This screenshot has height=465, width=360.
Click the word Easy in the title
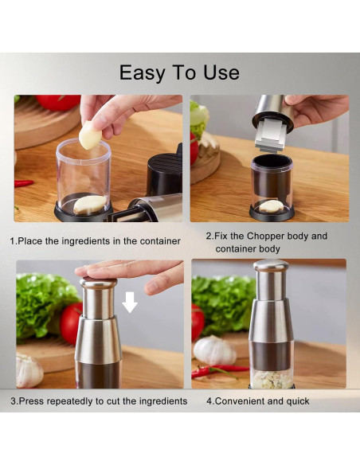pos(142,73)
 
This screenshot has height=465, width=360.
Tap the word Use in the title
pos(221,72)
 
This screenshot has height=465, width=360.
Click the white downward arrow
pos(130,303)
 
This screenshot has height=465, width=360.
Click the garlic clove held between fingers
pos(90,135)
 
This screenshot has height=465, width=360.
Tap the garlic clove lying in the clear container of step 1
pos(90,204)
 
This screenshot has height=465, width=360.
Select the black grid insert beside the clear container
pos(165,170)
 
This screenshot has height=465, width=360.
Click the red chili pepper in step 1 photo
pos(24,183)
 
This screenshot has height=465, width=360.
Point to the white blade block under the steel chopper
pos(270,135)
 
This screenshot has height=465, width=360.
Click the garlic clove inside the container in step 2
pos(271,205)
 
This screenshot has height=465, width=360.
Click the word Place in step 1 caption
pos(30,240)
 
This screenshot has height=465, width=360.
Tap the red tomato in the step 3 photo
pos(71,323)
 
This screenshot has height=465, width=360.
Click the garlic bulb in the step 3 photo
pos(29,371)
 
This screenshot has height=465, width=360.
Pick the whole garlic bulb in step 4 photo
pos(214,350)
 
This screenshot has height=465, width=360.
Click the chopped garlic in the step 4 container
pos(272,380)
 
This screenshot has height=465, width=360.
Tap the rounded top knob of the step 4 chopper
pos(271,265)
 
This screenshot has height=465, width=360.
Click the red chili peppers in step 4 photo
pos(220,371)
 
